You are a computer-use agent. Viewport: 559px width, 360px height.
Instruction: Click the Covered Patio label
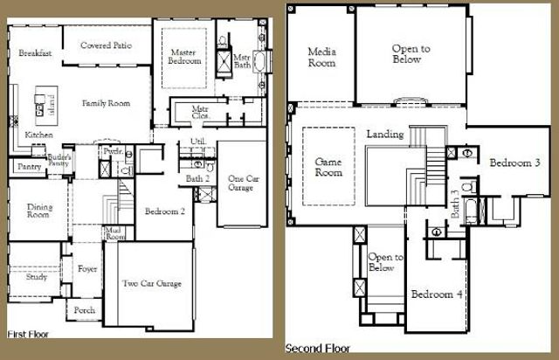click(x=106, y=45)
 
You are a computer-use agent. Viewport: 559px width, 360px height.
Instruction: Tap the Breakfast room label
click(x=35, y=53)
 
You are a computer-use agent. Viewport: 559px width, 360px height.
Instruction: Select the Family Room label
click(x=106, y=103)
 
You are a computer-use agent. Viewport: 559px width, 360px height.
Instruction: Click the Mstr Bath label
click(x=242, y=62)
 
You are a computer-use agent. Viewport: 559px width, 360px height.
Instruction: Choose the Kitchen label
click(x=38, y=135)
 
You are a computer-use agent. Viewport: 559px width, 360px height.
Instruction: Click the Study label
click(x=36, y=277)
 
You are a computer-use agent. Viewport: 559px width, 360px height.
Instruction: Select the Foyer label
click(x=87, y=269)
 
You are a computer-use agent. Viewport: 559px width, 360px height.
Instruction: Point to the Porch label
click(x=85, y=310)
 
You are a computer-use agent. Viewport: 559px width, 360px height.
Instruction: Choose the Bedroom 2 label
click(x=163, y=211)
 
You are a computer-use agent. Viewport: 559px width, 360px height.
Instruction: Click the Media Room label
click(x=321, y=58)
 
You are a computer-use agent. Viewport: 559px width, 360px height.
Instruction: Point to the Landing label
click(x=384, y=135)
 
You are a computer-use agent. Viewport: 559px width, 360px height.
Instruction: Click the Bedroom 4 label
click(x=437, y=294)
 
